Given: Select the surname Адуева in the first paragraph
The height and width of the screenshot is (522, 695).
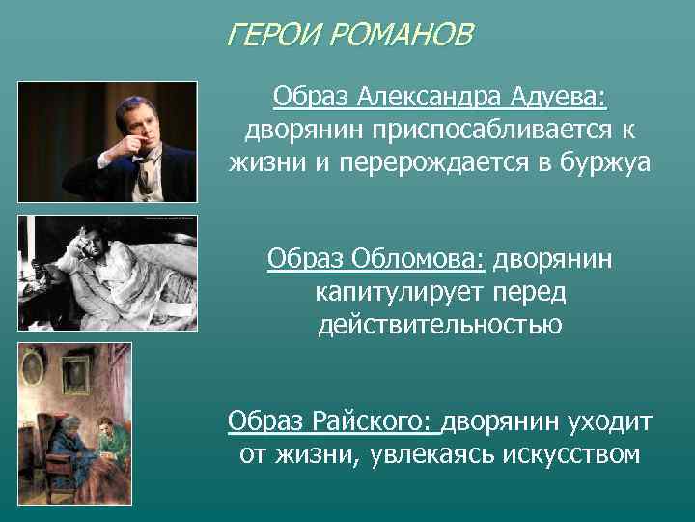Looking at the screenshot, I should [562, 97].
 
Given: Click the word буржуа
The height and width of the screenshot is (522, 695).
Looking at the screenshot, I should [604, 163].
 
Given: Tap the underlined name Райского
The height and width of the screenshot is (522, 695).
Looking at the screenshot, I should [377, 421].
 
